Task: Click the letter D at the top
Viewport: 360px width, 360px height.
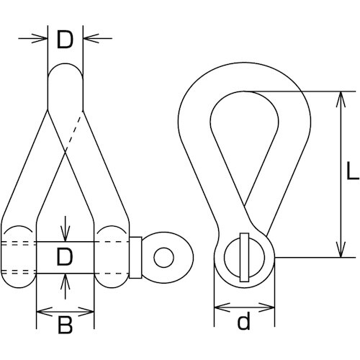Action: pos(65,40)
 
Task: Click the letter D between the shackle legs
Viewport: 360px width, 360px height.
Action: pos(64,257)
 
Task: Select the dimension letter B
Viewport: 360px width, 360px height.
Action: pos(66,325)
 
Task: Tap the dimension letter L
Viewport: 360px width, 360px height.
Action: pos(353,171)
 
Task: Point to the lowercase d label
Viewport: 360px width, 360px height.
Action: pos(243,320)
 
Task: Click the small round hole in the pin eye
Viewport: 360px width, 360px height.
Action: pos(164,258)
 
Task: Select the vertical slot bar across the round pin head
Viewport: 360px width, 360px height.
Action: pos(245,257)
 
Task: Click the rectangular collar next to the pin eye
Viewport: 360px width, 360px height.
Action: pos(135,258)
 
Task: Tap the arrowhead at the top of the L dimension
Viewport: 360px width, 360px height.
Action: pos(341,99)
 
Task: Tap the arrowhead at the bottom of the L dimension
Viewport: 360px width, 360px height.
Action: pos(341,250)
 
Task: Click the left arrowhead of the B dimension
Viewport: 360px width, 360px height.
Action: pos(44,312)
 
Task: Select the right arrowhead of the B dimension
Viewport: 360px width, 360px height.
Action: pos(86,312)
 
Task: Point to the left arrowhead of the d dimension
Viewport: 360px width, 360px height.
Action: pos(222,307)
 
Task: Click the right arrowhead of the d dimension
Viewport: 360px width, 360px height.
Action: pos(266,307)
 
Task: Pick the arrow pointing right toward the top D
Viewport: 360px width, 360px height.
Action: pos(33,38)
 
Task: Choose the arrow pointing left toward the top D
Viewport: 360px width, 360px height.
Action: pos(97,38)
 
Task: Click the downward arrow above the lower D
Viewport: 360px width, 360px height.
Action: pos(66,229)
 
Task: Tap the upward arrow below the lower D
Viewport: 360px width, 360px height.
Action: pos(66,287)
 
